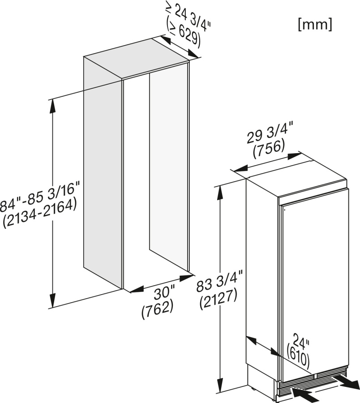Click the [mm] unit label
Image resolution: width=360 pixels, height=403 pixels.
pos(315,25)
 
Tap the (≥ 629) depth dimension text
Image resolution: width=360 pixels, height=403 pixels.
pos(183,34)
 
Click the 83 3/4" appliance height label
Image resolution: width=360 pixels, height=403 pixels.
pos(219,282)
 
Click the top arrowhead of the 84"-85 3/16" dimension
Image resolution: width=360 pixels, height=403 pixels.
pos(53,105)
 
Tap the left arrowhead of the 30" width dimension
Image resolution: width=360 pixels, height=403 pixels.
pos(137,290)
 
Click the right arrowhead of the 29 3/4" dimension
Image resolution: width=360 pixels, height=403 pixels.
pos(294,156)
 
